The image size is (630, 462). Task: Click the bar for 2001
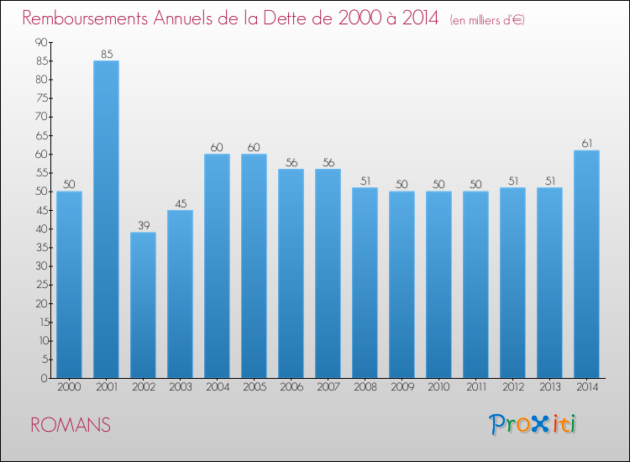(106, 219)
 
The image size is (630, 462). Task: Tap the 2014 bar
(586, 264)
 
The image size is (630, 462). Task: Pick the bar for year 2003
(180, 294)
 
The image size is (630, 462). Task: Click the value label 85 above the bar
(106, 55)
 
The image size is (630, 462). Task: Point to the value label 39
(143, 226)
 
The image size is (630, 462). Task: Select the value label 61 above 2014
(586, 144)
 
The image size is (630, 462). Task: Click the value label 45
(180, 203)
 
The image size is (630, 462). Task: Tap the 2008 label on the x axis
(365, 386)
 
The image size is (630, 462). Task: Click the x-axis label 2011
(475, 386)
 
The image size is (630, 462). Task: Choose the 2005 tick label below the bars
(254, 386)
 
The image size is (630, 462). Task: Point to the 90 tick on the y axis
(40, 43)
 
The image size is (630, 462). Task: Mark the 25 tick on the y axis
(40, 285)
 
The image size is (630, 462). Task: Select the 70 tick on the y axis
(40, 118)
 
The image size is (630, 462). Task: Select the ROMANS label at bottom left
(70, 425)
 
